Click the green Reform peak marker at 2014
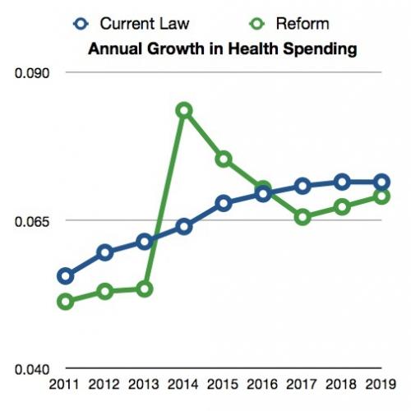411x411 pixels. click(x=184, y=110)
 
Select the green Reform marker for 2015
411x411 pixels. click(x=224, y=159)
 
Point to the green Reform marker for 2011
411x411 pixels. click(x=66, y=302)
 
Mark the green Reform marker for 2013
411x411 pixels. click(x=145, y=289)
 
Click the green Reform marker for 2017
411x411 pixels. click(x=302, y=217)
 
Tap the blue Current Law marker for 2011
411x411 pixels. click(x=66, y=275)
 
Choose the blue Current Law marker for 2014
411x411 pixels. click(x=184, y=226)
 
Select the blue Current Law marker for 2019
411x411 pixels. click(x=381, y=182)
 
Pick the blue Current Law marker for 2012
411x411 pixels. click(x=105, y=252)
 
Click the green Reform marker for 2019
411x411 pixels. click(x=381, y=196)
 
